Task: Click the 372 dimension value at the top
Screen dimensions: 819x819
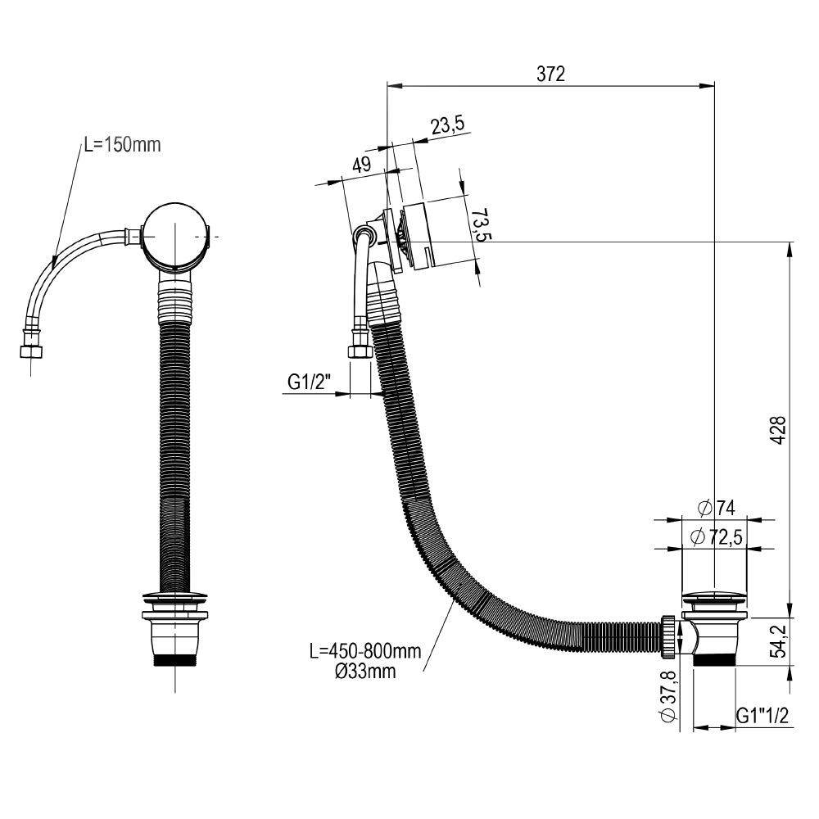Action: coord(550,74)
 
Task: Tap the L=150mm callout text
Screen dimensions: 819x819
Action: coord(122,145)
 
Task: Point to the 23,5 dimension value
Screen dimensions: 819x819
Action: coord(447,124)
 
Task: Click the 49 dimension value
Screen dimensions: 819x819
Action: coord(361,164)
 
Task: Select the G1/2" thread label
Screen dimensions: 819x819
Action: coord(309,382)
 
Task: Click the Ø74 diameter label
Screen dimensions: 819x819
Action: coord(717,509)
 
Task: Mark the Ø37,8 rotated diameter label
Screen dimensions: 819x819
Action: coord(667,696)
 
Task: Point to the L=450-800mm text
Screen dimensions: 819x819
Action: coord(364,652)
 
